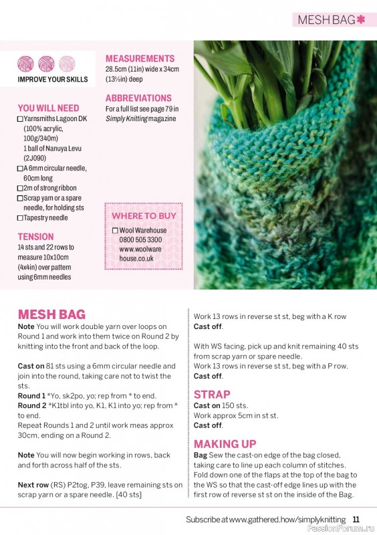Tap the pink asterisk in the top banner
click(x=361, y=19)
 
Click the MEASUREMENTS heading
click(x=140, y=58)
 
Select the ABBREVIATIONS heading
click(x=138, y=98)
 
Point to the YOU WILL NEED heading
click(x=48, y=108)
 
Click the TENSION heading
click(x=35, y=237)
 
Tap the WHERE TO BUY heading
click(x=144, y=216)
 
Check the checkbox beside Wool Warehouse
click(x=115, y=231)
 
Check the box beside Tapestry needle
click(x=20, y=218)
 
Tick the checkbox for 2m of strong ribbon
click(x=20, y=189)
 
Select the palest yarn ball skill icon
click(x=67, y=64)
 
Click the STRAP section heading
click(x=212, y=395)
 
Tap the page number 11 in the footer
click(x=356, y=520)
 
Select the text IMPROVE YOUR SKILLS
click(x=53, y=80)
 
